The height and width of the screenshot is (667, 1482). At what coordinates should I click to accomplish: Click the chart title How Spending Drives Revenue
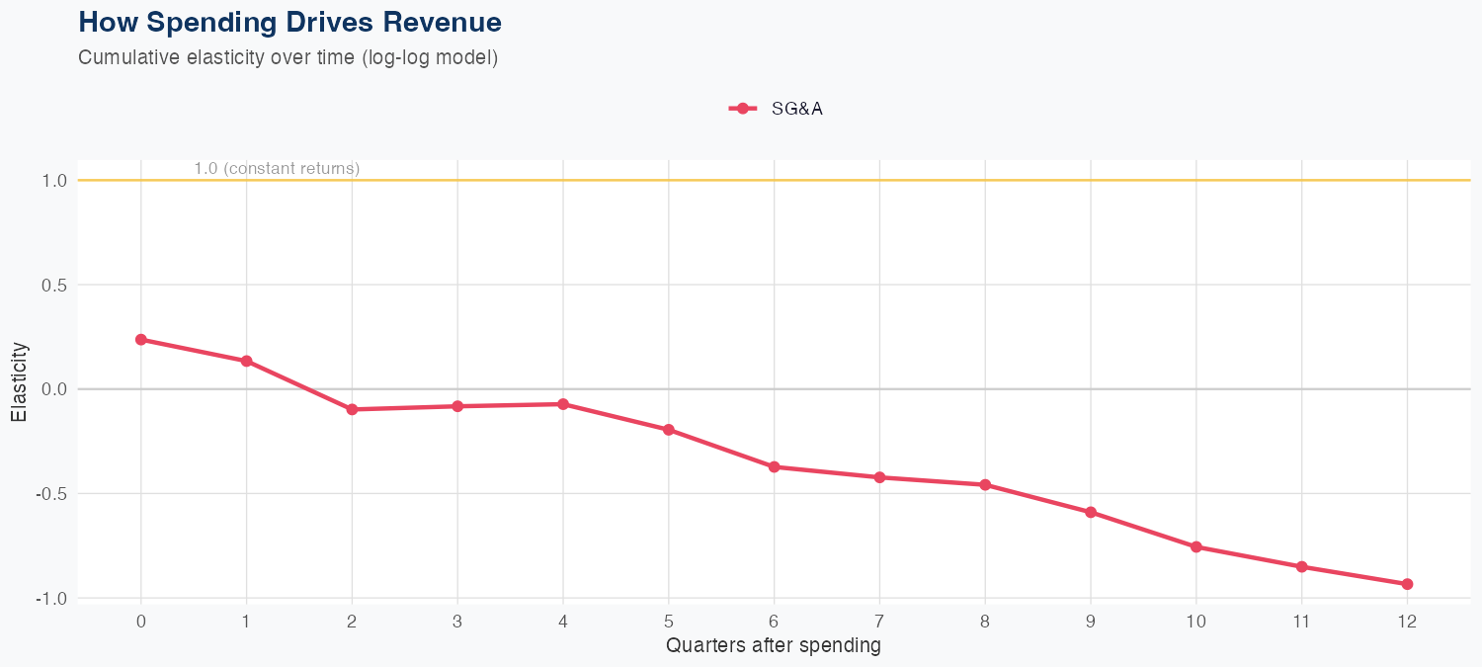[289, 22]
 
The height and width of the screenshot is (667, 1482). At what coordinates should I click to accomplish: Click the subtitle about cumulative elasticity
[288, 57]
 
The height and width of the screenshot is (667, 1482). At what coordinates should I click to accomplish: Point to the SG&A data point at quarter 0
[141, 340]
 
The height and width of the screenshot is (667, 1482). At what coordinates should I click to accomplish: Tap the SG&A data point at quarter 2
[352, 409]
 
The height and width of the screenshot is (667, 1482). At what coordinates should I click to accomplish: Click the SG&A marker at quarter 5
[669, 430]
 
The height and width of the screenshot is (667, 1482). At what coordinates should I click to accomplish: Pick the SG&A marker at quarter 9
[1091, 512]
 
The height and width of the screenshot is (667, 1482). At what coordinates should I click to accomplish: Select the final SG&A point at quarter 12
[1407, 584]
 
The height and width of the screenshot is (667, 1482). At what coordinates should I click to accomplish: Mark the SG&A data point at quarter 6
[774, 466]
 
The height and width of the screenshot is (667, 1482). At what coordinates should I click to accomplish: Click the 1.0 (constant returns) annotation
[277, 169]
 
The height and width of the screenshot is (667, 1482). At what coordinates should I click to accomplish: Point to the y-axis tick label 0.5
[53, 286]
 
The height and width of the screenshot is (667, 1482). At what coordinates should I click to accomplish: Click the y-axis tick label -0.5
[51, 494]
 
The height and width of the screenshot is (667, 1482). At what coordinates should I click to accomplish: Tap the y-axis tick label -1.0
[51, 599]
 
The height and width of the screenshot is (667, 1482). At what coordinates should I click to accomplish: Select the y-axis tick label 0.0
[53, 389]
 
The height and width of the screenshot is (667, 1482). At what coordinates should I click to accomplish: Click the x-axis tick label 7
[879, 622]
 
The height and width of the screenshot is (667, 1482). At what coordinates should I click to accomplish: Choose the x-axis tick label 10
[1195, 622]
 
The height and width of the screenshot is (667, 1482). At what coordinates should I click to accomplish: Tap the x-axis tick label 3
[457, 622]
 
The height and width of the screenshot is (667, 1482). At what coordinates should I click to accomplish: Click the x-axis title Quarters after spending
[774, 646]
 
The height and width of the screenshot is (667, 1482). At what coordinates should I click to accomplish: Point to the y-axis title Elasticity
[19, 382]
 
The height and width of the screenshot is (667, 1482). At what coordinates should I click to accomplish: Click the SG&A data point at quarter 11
[1301, 566]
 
